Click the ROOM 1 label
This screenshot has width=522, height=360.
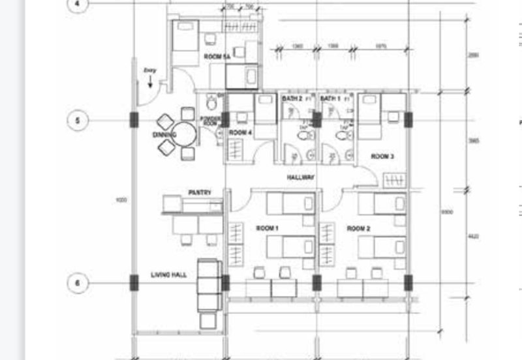click(x=268, y=228)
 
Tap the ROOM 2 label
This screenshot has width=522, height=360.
click(x=358, y=228)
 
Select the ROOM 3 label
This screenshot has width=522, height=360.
click(x=382, y=157)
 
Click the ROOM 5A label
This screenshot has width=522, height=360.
click(x=217, y=57)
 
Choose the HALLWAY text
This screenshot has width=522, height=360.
click(x=301, y=177)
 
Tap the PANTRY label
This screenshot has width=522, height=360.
click(x=199, y=192)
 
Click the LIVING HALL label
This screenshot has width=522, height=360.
click(x=169, y=275)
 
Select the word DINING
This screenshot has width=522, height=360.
click(x=164, y=135)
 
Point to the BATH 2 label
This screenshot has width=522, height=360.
click(x=292, y=98)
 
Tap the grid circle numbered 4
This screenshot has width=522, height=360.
click(x=78, y=4)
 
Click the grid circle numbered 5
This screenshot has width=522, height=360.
click(x=78, y=121)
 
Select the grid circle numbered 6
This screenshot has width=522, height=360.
click(x=78, y=283)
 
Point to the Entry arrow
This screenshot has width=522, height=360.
click(x=150, y=82)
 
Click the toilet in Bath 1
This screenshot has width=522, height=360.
click(x=340, y=136)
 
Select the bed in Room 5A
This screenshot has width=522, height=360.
click(x=185, y=40)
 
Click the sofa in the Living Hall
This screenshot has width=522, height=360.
click(x=209, y=287)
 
